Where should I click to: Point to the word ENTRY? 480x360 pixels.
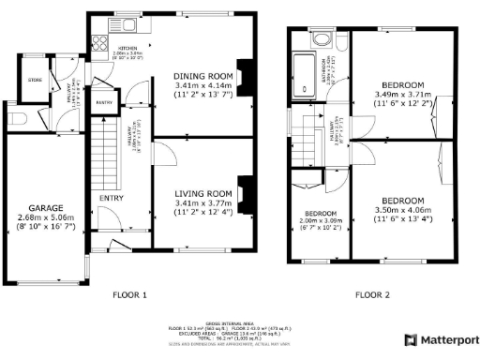pos(110,197)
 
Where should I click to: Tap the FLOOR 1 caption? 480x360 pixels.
pos(130,294)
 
